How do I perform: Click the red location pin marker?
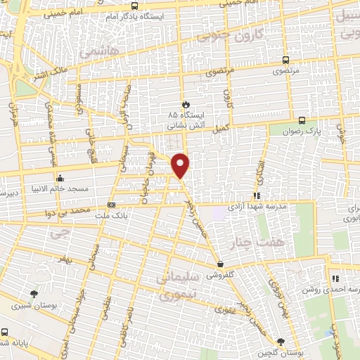point(181,165)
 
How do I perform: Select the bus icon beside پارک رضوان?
point(301,120)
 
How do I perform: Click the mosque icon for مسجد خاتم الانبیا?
point(60,177)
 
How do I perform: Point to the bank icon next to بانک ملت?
point(111,205)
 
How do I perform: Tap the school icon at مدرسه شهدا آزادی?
point(257,195)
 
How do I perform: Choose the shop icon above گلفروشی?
point(221,265)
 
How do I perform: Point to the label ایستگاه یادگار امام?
point(143,15)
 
